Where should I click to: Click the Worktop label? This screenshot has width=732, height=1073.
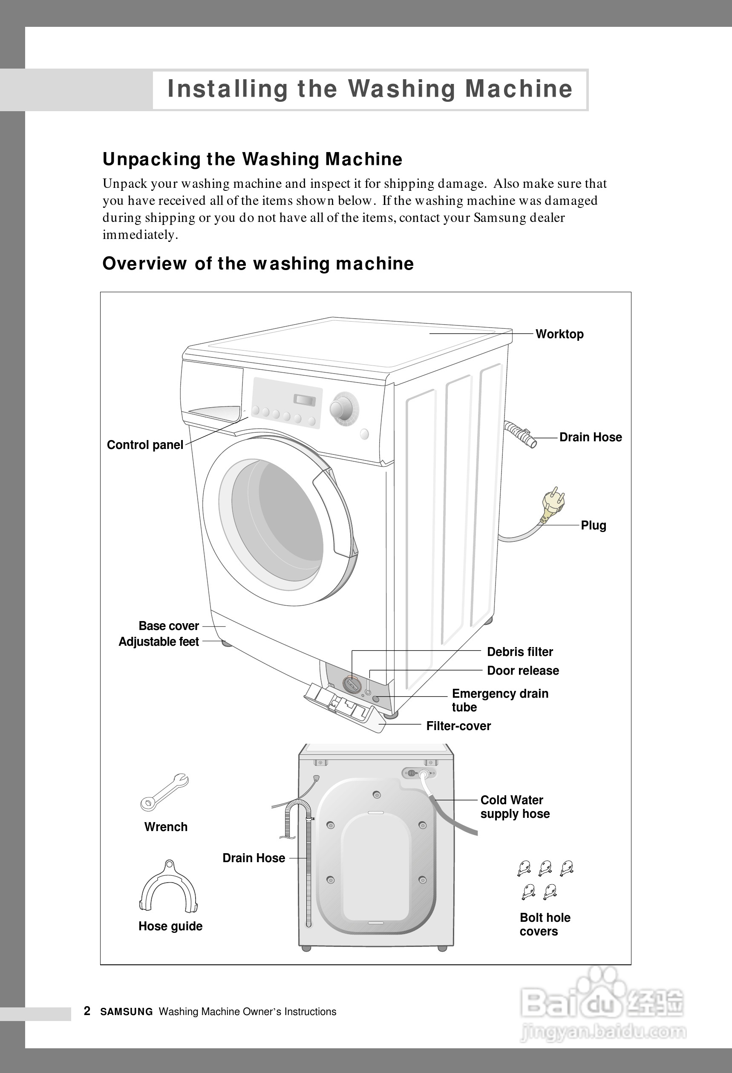[x=559, y=334]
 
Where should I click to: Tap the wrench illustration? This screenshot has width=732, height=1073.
[x=164, y=792]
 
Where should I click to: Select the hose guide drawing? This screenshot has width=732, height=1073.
[x=169, y=886]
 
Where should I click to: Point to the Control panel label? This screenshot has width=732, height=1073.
[x=145, y=445]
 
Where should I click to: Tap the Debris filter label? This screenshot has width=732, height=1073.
[x=519, y=651]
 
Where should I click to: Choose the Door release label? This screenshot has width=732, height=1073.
[x=523, y=670]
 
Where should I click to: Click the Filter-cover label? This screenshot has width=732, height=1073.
[x=458, y=726]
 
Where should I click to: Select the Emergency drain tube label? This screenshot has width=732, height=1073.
[x=500, y=700]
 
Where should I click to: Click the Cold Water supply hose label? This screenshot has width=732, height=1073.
[x=514, y=807]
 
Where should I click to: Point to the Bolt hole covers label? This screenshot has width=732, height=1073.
[x=545, y=924]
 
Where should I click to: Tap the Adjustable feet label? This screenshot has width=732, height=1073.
[x=159, y=641]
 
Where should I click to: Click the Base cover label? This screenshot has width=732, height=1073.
[x=169, y=626]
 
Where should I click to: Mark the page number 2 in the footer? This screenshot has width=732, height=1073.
[x=87, y=1011]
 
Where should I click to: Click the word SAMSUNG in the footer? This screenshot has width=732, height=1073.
[x=126, y=1012]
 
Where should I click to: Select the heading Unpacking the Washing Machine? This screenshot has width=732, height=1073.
[x=252, y=159]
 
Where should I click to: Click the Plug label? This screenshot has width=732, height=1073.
[x=593, y=525]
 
